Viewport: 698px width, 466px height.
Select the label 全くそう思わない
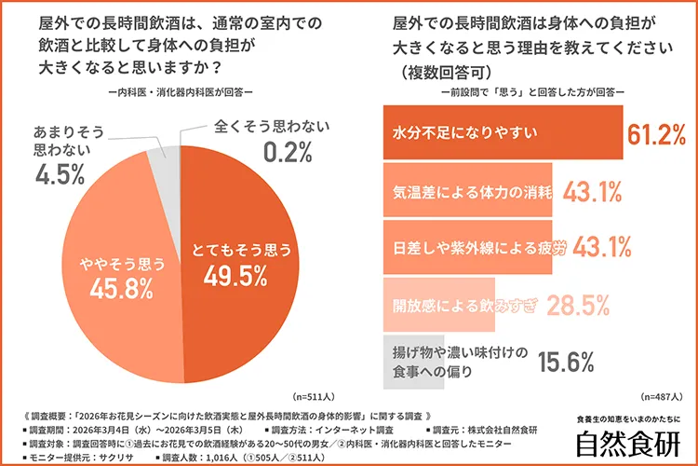269,124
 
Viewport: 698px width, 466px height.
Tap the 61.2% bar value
656,134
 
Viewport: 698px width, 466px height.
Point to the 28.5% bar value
578,303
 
